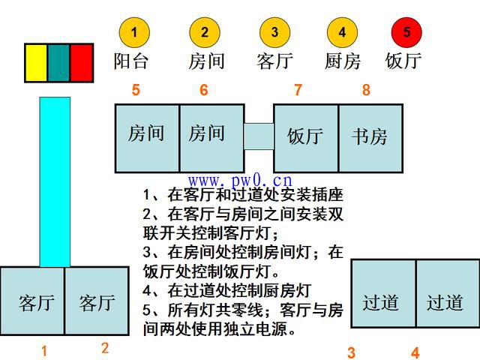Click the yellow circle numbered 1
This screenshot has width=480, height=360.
coord(134,32)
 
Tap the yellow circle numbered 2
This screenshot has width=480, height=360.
coord(205,32)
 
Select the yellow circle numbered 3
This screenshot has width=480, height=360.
coord(274,32)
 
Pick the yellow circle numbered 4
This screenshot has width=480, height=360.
coord(342,32)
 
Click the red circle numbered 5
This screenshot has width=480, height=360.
coord(406,32)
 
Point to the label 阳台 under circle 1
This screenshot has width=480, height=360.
coord(131,61)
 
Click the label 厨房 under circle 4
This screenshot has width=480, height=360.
coord(343,61)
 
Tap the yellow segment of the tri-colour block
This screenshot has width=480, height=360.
coord(36,63)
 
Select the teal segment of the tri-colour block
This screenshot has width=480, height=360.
coord(58,63)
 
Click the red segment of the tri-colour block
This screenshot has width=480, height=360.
coord(82,63)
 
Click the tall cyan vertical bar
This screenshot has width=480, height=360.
coord(55,182)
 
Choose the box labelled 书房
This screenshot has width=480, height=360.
coord(370,138)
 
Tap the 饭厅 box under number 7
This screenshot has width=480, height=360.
coord(306,138)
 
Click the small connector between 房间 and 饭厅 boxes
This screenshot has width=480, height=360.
coord(259,136)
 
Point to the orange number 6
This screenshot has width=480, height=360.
coord(204,90)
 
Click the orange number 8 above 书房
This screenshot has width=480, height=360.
coord(366,90)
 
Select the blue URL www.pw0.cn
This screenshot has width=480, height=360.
coord(240,181)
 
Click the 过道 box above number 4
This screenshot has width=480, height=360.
coord(448,293)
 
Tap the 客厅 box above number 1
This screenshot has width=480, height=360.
coord(32,301)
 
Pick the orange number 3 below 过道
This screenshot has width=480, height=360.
coord(351,353)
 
